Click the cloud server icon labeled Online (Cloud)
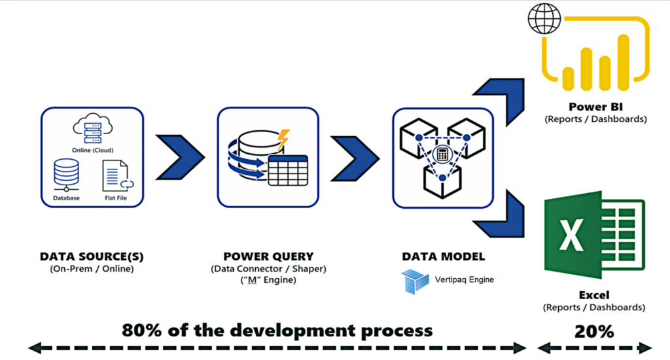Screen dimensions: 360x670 92,128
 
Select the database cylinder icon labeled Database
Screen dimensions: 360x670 67,175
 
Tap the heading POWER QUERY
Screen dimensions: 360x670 268,257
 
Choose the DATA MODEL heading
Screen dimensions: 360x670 440,257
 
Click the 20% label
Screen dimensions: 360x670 594,331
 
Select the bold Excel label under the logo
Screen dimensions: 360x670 594,295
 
